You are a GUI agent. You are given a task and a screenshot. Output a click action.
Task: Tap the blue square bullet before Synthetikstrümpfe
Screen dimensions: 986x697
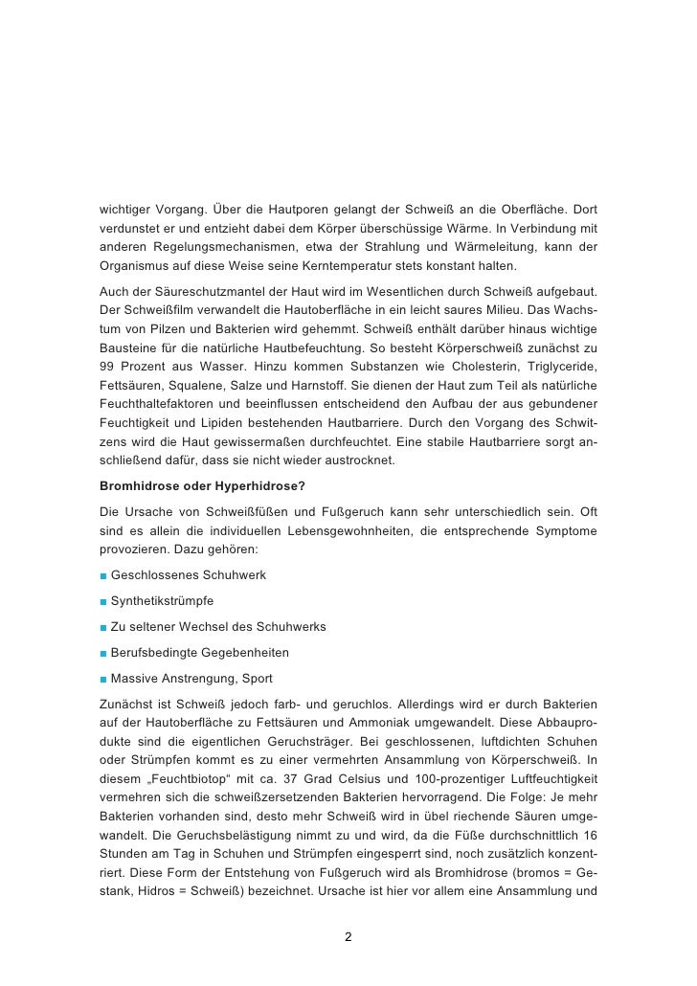102,601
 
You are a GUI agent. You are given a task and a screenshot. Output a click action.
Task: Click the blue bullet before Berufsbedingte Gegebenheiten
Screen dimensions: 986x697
102,653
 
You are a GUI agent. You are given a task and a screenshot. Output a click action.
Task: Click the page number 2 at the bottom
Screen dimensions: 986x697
348,936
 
